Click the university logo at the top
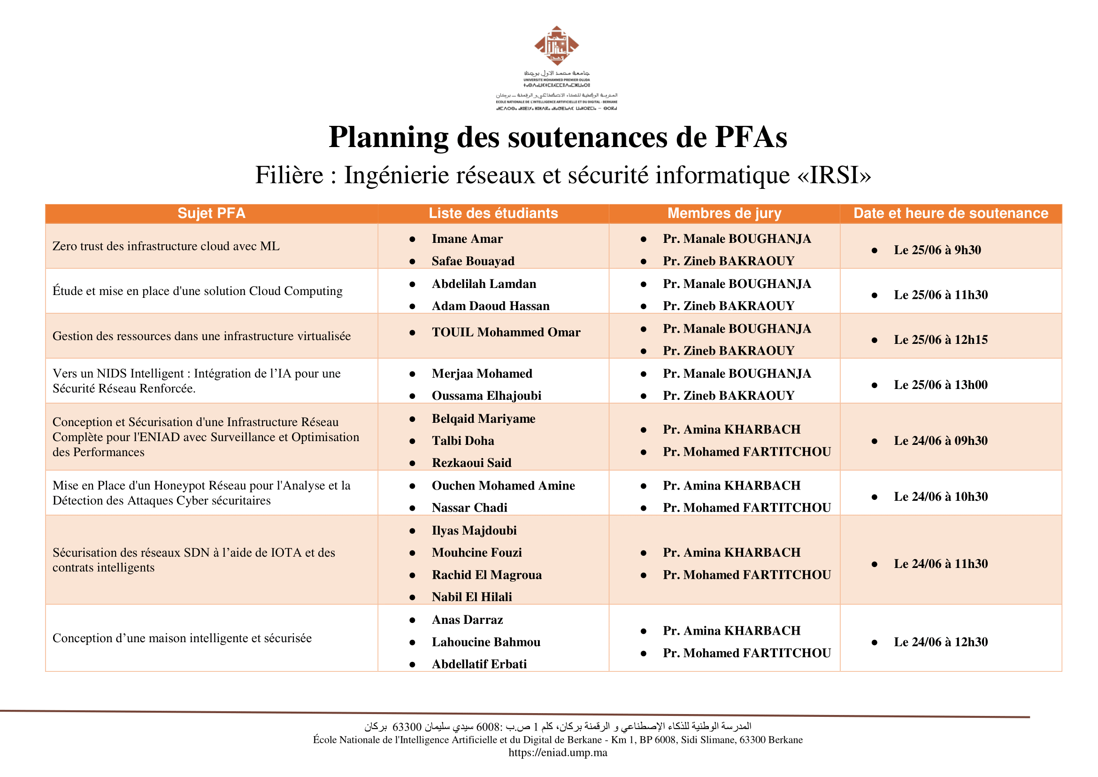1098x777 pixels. (556, 46)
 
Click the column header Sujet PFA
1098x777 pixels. (211, 213)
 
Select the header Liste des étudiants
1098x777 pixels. (493, 213)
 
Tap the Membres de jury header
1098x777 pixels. (724, 213)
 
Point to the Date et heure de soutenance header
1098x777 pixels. (951, 213)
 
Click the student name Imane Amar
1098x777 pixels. (467, 239)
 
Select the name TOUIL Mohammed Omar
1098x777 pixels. (506, 332)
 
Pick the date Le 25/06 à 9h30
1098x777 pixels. (937, 250)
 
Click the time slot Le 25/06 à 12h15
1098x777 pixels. (940, 340)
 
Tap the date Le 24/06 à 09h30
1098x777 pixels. (940, 441)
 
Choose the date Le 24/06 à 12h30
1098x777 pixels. (940, 642)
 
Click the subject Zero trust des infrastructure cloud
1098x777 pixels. (166, 246)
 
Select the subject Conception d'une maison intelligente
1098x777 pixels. (182, 638)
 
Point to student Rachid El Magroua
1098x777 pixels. (486, 575)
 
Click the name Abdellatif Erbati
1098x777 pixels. (479, 664)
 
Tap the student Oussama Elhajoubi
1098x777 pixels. (486, 396)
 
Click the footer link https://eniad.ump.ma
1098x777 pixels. (558, 753)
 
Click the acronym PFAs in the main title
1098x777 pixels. (750, 137)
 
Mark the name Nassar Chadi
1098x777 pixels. (469, 508)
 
